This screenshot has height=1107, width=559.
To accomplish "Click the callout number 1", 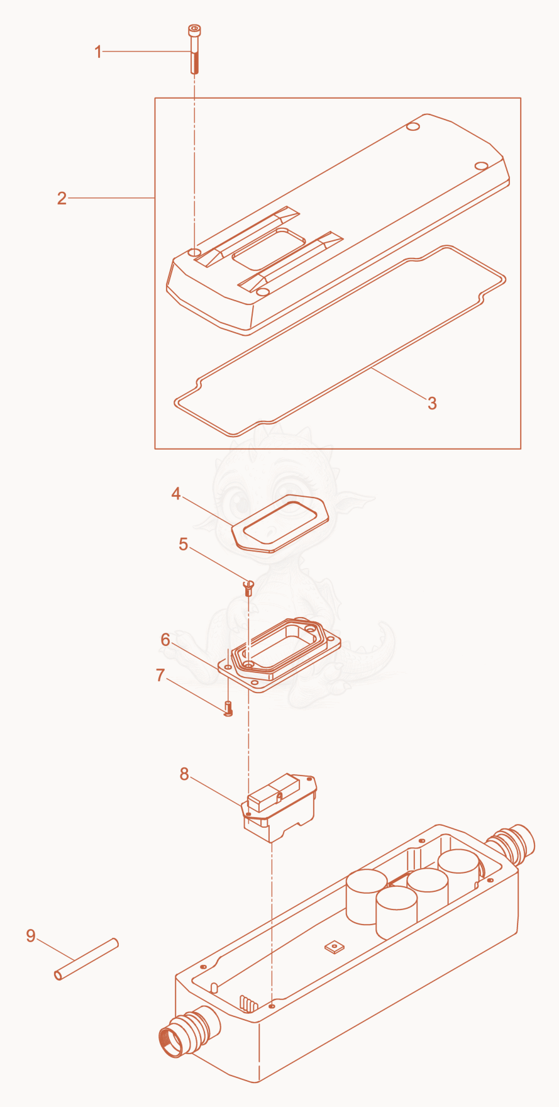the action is point(97,52).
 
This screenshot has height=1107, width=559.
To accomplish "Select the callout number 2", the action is point(62,198).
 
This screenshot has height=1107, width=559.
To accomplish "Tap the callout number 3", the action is point(432,403).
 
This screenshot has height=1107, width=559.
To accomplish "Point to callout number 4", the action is point(176,494).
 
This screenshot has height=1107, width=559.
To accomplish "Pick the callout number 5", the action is point(183,544).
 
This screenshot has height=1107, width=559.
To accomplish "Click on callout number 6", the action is point(165,640).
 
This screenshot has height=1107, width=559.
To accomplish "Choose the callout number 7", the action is point(160,676).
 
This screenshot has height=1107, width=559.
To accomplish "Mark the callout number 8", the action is point(184,774).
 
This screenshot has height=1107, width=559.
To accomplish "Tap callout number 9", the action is point(31,936).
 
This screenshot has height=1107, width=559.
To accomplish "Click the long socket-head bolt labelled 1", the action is point(194,49).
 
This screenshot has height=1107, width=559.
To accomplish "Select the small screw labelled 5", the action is point(248,588).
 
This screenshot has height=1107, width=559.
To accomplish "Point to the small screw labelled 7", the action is point(228,708).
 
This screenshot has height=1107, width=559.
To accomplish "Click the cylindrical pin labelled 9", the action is point(86,959).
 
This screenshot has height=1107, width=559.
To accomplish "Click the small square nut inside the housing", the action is point(333,946).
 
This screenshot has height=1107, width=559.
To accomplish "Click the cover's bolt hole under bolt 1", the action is point(195,252).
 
